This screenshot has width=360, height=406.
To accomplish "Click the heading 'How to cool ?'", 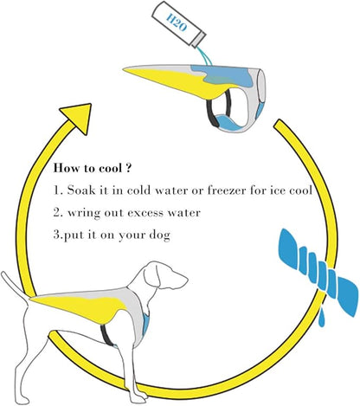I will [92, 168].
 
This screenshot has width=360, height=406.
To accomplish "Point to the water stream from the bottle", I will [206, 56].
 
